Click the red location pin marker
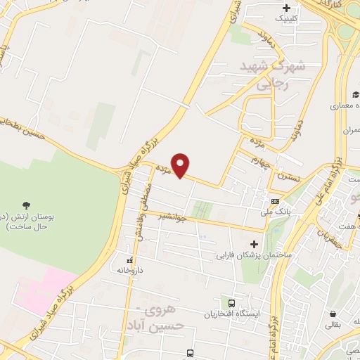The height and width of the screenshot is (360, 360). click(181, 165)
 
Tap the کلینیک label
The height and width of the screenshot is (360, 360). click(286, 18)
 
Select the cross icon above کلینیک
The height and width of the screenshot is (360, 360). click(286, 8)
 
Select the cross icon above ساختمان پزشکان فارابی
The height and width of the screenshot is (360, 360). click(254, 243)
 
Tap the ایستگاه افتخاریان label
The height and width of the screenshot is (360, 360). click(229, 314)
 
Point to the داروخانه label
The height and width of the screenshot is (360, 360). click(129, 269)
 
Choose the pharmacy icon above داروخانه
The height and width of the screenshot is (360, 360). click(129, 259)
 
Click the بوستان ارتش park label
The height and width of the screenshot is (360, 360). click(26, 221)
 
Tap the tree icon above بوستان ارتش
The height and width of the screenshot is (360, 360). click(26, 205)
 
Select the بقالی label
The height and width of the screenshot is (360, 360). click(333, 326)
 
